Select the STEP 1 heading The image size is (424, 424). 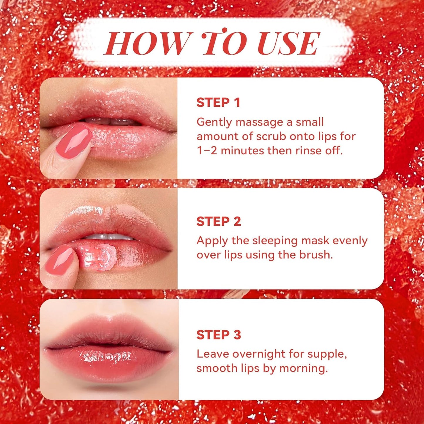click(x=218, y=103)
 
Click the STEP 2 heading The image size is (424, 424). click(x=219, y=222)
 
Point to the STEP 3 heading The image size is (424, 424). click(x=219, y=335)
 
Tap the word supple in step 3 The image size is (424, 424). click(x=327, y=354)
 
